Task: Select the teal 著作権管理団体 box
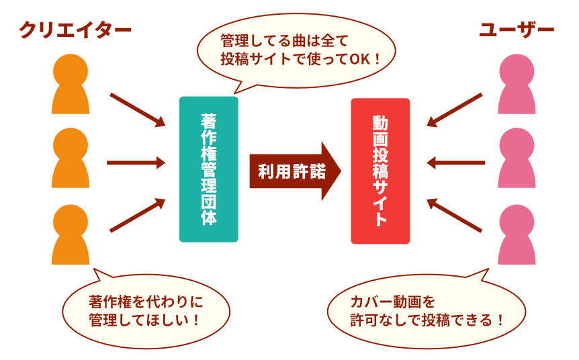[208, 169]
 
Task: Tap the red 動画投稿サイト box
[380, 171]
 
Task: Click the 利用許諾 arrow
[294, 171]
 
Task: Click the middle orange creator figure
[71, 159]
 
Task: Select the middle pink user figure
[518, 159]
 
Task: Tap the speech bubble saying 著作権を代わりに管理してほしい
[145, 309]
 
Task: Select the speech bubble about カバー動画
[427, 309]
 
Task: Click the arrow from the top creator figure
[138, 109]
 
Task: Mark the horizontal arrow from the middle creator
[136, 163]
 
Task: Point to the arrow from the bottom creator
[138, 216]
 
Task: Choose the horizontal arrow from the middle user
[456, 163]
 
